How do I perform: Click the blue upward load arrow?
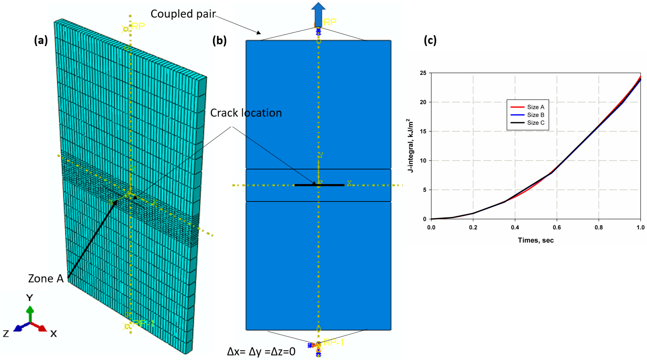(x=318, y=14)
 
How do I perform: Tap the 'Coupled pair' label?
(x=183, y=14)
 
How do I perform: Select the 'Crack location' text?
(x=246, y=113)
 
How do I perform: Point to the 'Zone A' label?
(x=46, y=278)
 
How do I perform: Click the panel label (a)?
(x=41, y=40)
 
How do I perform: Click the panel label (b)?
(x=219, y=40)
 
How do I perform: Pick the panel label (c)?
(x=430, y=40)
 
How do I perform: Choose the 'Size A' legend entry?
(x=535, y=107)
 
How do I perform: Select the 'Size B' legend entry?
(x=535, y=115)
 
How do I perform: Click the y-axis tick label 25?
(x=423, y=73)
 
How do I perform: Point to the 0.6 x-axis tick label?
(x=557, y=228)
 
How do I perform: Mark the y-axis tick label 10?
(x=423, y=161)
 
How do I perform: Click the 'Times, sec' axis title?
(x=535, y=240)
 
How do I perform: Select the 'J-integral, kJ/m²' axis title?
(x=410, y=146)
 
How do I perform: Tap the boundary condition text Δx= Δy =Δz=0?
(x=261, y=352)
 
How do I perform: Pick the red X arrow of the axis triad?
(x=40, y=327)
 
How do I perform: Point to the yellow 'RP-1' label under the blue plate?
(x=333, y=342)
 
